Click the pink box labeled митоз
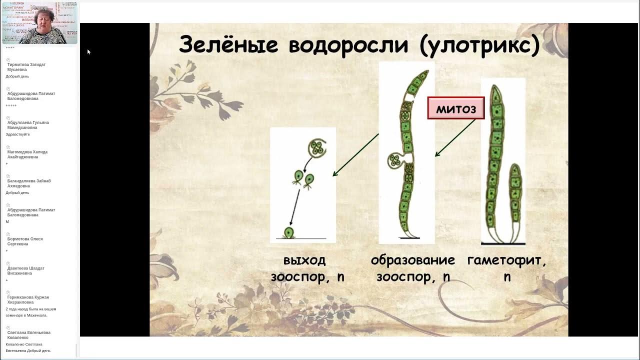[455, 108]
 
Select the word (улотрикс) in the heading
[479, 45]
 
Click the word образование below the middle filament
[412, 260]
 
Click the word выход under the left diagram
[304, 260]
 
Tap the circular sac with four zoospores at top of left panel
[316, 148]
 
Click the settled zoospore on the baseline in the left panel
[289, 233]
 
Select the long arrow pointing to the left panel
[355, 154]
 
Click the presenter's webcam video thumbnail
[39, 23]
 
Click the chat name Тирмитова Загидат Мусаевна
[26, 67]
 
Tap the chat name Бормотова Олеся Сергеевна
[25, 241]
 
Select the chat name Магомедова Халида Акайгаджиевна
[27, 154]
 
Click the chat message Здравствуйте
[17, 134]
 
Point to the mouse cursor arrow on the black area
[88, 51]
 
